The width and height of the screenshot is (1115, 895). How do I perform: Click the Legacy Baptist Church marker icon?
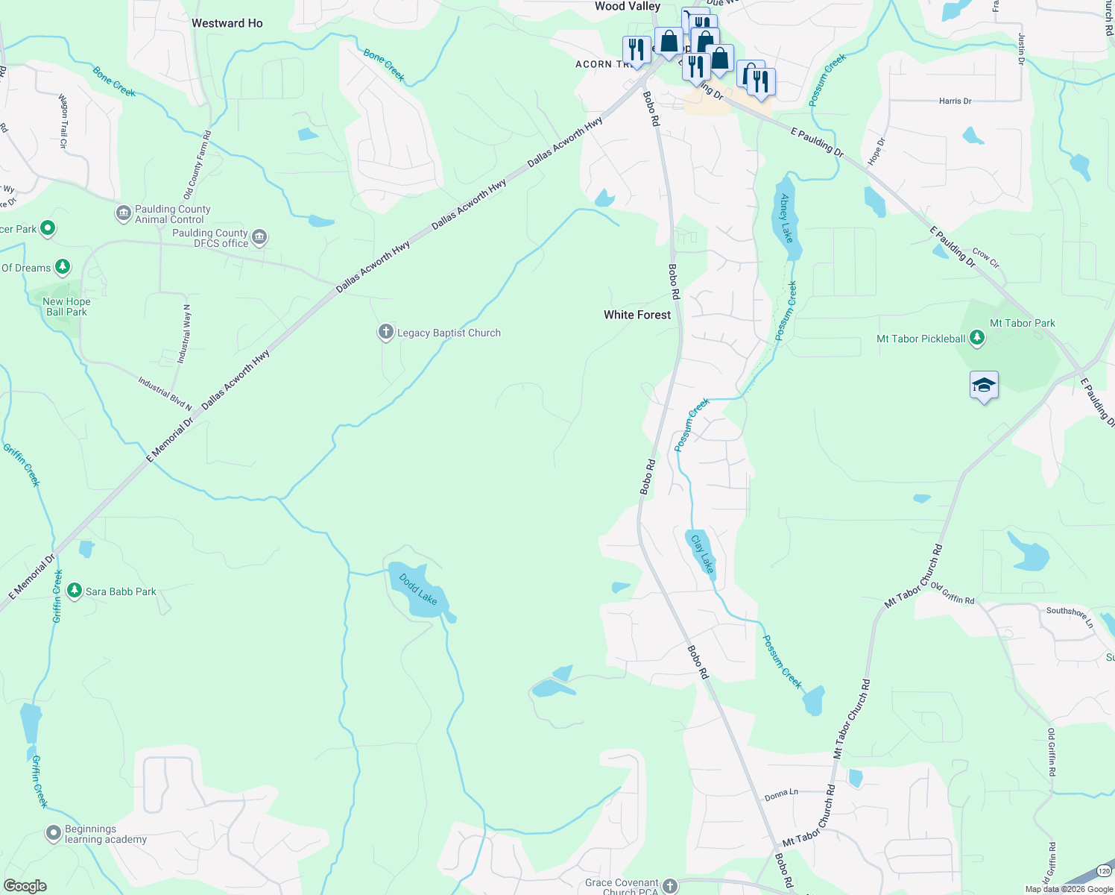point(385,333)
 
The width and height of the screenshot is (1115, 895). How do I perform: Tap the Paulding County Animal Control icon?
point(124,214)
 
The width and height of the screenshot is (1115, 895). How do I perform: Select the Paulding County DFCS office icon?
point(259,238)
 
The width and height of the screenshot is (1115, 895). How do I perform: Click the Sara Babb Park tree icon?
point(74,591)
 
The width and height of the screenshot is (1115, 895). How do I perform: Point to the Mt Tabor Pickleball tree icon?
point(976,339)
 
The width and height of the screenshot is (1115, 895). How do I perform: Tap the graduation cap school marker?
point(984,386)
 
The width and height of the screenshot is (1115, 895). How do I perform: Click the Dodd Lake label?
point(418,589)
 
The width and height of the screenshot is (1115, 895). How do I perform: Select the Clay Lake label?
point(702,554)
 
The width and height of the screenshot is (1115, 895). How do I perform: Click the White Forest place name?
point(637,315)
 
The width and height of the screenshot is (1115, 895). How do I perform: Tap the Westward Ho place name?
point(227,23)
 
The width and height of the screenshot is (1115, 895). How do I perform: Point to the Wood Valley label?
point(628,7)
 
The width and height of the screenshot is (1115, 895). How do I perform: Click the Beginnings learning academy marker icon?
point(53,833)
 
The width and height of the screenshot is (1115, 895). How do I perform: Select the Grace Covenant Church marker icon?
point(670,886)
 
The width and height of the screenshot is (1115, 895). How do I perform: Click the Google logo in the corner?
point(25,885)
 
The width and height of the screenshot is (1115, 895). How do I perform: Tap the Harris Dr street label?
point(955,101)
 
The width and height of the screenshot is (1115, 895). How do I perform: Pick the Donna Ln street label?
point(781,795)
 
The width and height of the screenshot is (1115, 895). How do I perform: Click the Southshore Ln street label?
point(1070,616)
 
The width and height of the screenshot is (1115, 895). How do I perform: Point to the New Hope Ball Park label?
point(66,307)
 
